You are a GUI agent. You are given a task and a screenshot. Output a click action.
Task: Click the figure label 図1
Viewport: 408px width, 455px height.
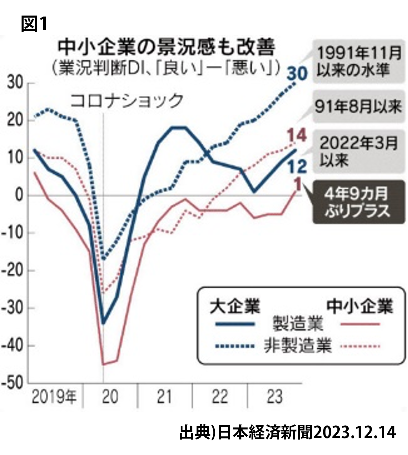pyautogui.click(x=34, y=24)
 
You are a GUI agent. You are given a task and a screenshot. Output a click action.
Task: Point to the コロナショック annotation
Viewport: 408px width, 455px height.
pyautogui.click(x=127, y=100)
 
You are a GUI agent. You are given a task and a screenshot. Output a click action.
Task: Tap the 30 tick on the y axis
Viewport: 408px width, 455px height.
pyautogui.click(x=15, y=83)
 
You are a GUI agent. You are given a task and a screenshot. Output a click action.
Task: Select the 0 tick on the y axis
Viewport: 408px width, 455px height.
pyautogui.click(x=20, y=196)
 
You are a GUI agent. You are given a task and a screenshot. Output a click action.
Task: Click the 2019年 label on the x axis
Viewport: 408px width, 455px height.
pyautogui.click(x=54, y=397)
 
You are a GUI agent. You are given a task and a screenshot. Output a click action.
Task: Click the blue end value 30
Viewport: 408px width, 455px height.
pyautogui.click(x=297, y=74)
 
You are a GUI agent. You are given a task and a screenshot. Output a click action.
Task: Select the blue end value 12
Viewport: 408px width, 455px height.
pyautogui.click(x=297, y=166)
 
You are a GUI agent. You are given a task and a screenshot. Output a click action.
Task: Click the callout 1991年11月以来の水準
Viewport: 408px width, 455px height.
pyautogui.click(x=359, y=62)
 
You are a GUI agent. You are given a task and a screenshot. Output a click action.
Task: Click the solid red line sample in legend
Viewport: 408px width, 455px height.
pyautogui.click(x=360, y=324)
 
